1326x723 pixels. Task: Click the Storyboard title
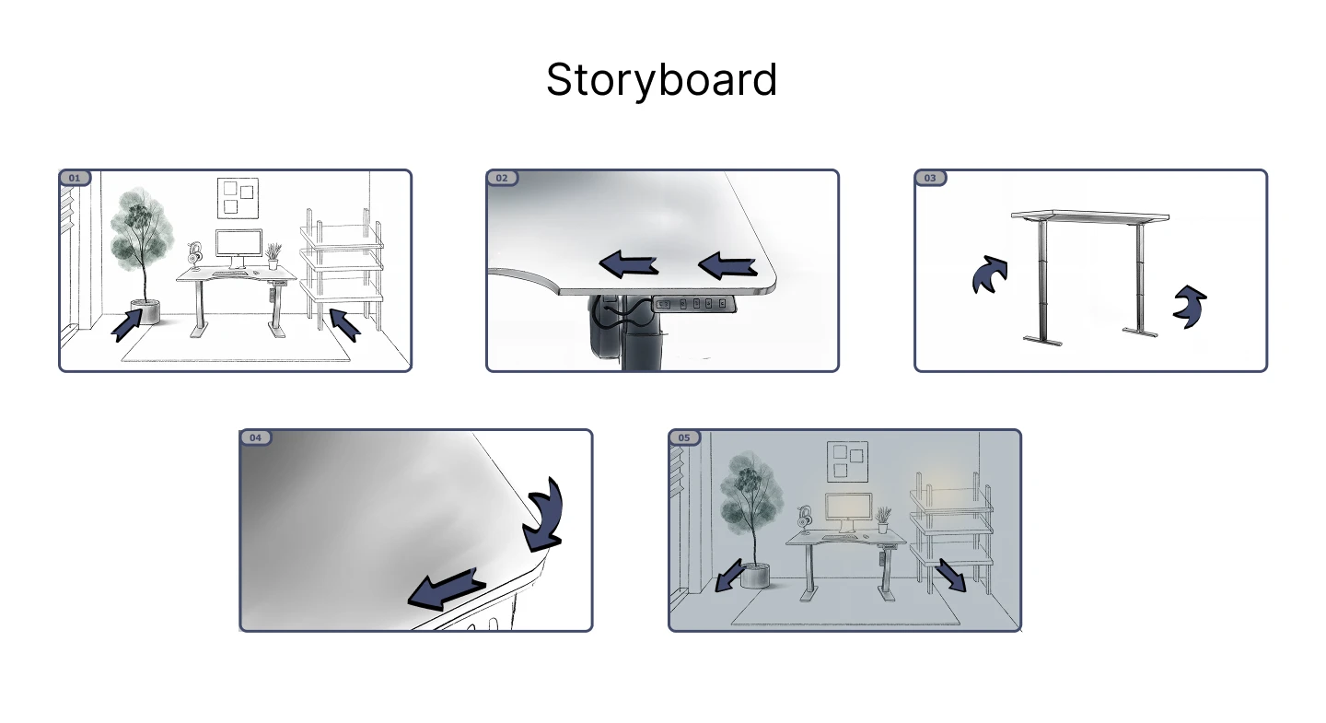[x=661, y=80]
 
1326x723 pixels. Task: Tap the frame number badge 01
[x=75, y=178]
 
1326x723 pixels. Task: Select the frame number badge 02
[x=502, y=178]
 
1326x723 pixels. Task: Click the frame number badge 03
[x=930, y=178]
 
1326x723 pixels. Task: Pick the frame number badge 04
[x=255, y=437]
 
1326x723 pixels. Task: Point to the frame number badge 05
[x=684, y=437]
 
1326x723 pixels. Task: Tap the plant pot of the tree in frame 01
[x=145, y=311]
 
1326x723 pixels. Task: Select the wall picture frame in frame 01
[x=238, y=198]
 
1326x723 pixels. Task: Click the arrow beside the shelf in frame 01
[x=345, y=324]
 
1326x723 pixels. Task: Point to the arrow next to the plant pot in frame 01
[x=127, y=325]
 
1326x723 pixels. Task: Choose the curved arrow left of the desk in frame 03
[x=989, y=274]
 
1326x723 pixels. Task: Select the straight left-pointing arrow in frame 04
[x=446, y=589]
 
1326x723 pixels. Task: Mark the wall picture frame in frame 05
[x=848, y=461]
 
